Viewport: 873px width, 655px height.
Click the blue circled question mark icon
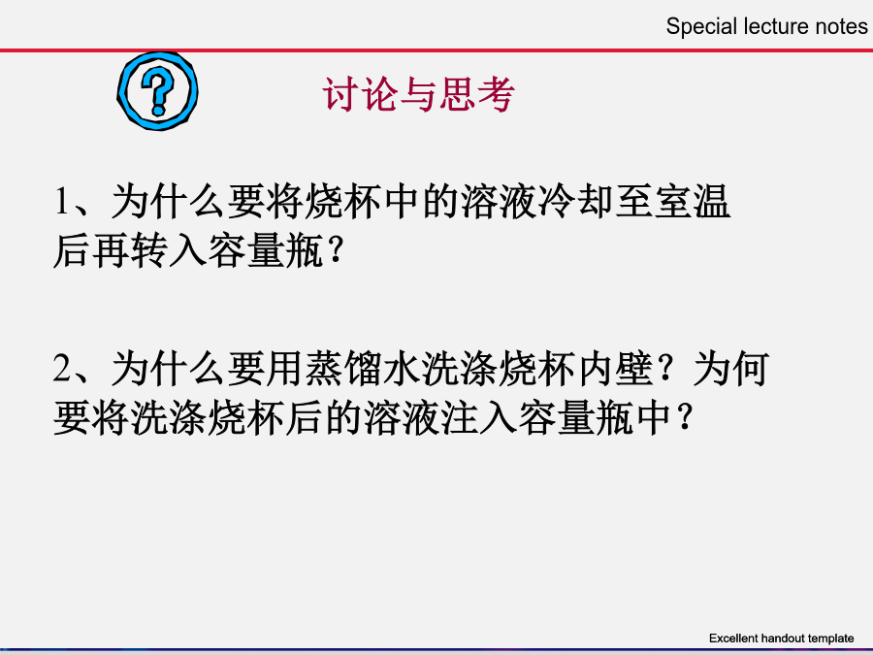click(157, 91)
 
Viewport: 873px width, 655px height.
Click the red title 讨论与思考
click(419, 94)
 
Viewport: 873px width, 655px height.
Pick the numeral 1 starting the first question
click(62, 201)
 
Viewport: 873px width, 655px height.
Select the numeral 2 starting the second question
click(63, 368)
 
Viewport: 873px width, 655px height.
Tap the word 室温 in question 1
click(692, 201)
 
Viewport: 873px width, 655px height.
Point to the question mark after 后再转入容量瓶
click(336, 251)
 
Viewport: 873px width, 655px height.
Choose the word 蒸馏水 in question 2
click(362, 368)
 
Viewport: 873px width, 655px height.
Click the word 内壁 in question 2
click(615, 368)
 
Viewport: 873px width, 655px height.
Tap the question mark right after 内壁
click(664, 369)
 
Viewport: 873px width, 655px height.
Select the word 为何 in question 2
click(731, 368)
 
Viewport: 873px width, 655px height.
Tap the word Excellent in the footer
click(734, 639)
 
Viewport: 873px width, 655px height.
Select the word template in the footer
click(830, 639)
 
